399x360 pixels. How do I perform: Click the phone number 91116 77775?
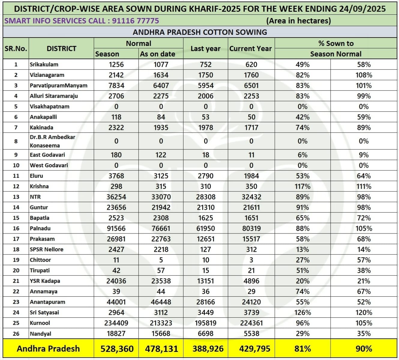click(x=135, y=21)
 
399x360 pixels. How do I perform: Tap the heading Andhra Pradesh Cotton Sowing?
click(x=200, y=32)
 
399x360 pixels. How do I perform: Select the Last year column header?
click(x=205, y=49)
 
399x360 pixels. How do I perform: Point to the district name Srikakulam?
click(x=44, y=65)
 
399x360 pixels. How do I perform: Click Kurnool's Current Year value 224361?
click(x=251, y=323)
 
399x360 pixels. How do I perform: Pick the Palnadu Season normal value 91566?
click(x=116, y=228)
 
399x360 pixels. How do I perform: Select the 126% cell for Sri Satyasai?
click(x=302, y=313)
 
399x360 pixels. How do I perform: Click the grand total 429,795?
click(x=255, y=349)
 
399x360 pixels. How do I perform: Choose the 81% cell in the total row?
click(x=302, y=349)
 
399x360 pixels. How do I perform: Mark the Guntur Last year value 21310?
click(x=205, y=207)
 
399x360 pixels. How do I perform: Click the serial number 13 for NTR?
click(x=16, y=197)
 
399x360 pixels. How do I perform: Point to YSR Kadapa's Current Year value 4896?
click(x=251, y=281)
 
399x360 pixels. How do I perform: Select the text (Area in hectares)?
click(x=298, y=21)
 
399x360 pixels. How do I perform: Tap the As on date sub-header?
click(x=157, y=54)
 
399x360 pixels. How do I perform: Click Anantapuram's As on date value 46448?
click(x=161, y=302)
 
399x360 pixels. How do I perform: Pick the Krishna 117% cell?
click(x=302, y=186)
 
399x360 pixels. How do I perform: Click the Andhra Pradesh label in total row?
click(x=48, y=349)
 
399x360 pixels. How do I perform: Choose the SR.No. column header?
click(x=16, y=49)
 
